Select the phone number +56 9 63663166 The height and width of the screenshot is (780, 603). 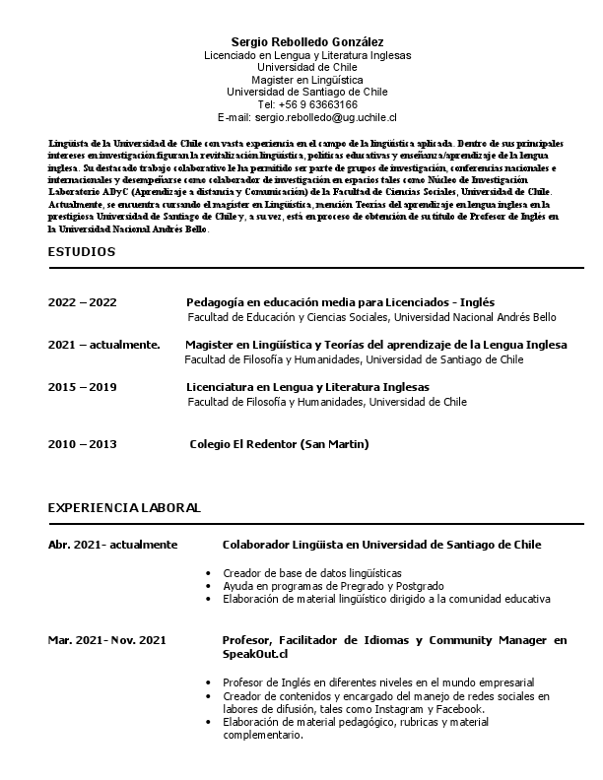click(x=307, y=103)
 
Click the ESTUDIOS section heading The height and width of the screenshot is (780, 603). click(x=81, y=252)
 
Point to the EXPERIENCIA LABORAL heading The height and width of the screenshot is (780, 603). click(x=124, y=508)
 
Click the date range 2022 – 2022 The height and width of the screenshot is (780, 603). click(x=82, y=301)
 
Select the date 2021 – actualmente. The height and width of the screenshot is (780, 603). click(x=103, y=345)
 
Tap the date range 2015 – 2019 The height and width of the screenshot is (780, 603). click(x=82, y=387)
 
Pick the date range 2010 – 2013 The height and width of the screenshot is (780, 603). click(x=82, y=444)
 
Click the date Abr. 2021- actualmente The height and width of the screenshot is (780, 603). click(x=112, y=544)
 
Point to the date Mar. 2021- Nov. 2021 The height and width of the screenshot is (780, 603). click(x=106, y=640)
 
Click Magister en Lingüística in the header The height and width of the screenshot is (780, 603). click(x=307, y=79)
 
